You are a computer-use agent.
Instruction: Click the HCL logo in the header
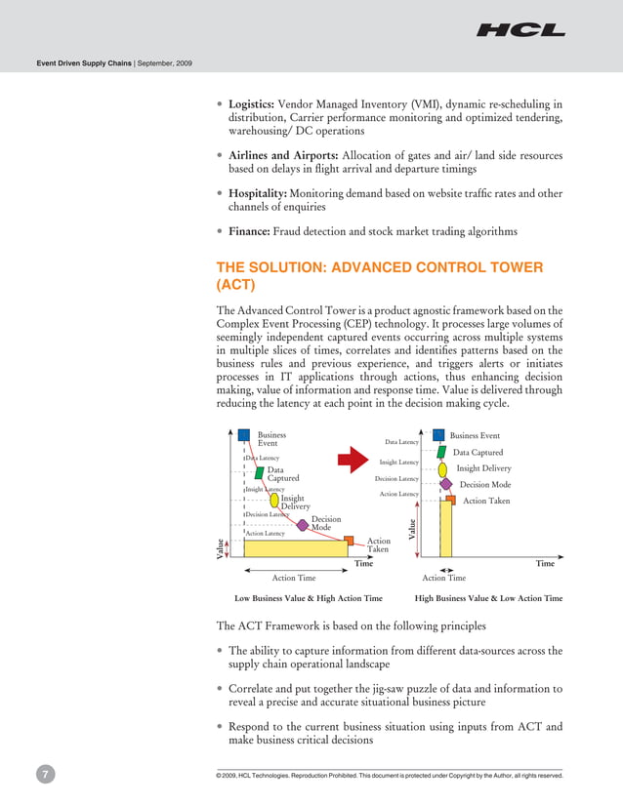click(x=520, y=30)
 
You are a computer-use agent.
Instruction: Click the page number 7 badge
click(x=45, y=775)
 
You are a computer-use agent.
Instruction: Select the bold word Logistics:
click(x=252, y=103)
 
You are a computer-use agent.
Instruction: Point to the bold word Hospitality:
click(x=258, y=193)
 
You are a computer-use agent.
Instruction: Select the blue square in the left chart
click(x=244, y=436)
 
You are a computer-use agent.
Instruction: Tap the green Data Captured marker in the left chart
click(x=260, y=472)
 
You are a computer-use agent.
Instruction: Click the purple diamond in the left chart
click(x=303, y=525)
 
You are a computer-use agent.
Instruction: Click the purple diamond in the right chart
click(x=446, y=483)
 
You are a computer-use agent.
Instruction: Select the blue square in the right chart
click(x=438, y=435)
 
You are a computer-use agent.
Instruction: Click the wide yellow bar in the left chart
click(x=282, y=548)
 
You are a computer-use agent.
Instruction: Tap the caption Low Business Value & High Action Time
click(x=309, y=598)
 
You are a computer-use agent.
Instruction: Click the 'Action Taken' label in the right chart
click(x=486, y=501)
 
